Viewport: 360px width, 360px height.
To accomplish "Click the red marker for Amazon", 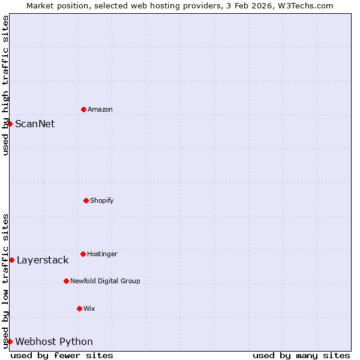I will [x=83, y=109].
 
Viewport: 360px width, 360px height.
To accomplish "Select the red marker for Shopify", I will [x=86, y=200].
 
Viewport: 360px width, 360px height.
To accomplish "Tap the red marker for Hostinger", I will [x=83, y=254].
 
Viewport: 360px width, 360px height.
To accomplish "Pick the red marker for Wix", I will [x=79, y=308].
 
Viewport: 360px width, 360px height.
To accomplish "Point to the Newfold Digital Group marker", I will [x=66, y=281].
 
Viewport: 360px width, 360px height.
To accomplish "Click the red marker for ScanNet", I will [x=10, y=124].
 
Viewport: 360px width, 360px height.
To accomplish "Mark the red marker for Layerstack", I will [x=11, y=260].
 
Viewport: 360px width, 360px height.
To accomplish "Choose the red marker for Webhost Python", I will [x=10, y=341].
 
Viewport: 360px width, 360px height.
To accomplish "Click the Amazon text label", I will [x=100, y=109].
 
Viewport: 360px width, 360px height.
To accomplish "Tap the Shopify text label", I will [x=102, y=200].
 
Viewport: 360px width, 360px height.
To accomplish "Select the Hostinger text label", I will [x=102, y=254].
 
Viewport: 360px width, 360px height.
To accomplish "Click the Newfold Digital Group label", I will [x=105, y=281].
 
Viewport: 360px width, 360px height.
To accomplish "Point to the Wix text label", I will [x=89, y=308].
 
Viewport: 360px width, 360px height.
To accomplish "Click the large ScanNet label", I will [x=35, y=124].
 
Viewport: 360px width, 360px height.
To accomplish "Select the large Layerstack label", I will [x=43, y=260].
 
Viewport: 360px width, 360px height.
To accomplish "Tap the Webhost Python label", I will [x=54, y=341].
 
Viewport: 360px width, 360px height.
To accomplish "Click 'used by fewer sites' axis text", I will [x=62, y=355].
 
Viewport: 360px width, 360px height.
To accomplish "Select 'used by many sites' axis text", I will [x=301, y=355].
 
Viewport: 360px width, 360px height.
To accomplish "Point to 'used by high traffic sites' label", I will [x=5, y=85].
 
